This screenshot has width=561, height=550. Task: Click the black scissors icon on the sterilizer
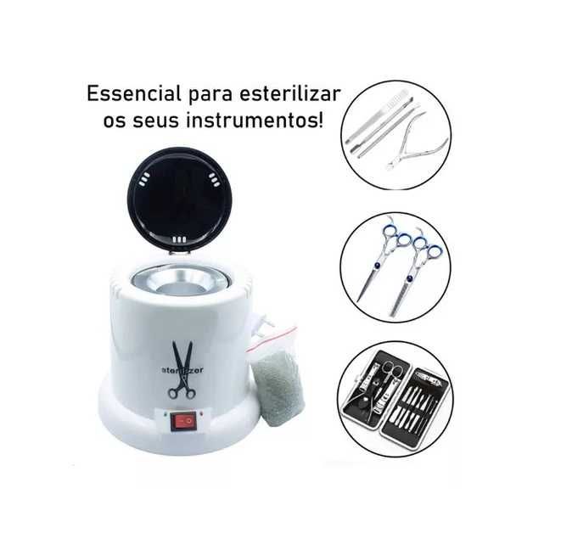(181, 368)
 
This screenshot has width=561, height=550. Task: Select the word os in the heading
(114, 120)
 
